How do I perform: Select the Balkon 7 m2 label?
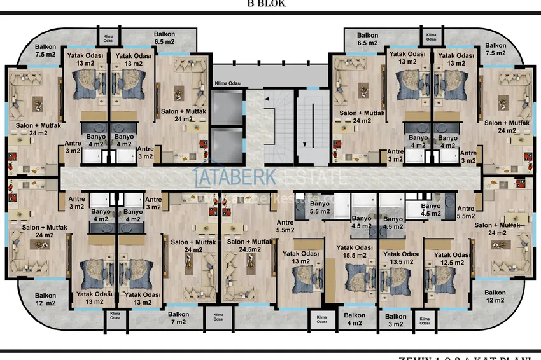coord(178,318)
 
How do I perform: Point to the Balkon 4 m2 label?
coord(355,319)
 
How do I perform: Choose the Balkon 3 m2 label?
coord(395,321)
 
